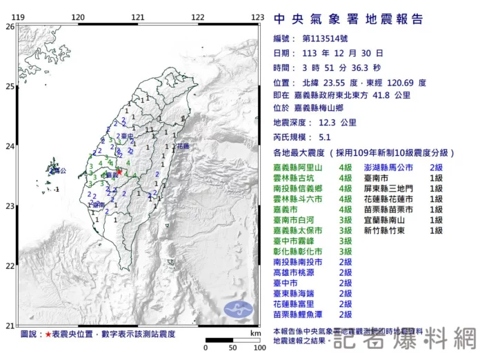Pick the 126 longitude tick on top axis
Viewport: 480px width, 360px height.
[x=258, y=17]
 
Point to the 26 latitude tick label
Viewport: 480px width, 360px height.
[x=10, y=26]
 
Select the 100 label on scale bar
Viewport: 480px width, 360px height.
[x=259, y=348]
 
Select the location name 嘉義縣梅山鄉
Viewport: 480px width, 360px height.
[x=323, y=109]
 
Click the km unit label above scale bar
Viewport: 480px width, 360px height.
[x=255, y=333]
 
